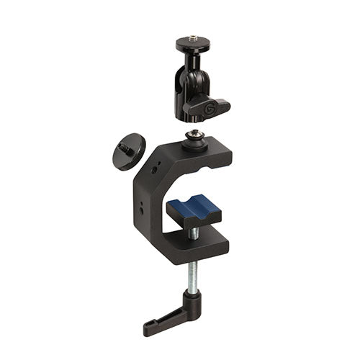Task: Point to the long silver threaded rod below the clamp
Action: tap(193, 276)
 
